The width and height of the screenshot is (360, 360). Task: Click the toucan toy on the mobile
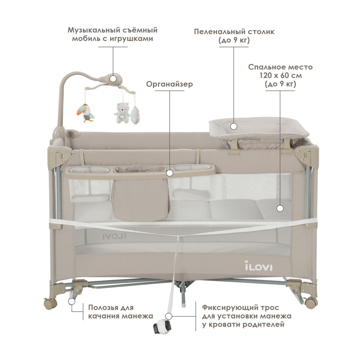tap(85, 112)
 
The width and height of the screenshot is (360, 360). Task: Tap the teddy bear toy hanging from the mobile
tap(122, 113)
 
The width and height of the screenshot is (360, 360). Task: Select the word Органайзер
tap(170, 84)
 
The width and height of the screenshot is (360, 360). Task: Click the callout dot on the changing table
tap(234, 126)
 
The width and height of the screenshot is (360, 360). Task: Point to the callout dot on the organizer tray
tap(170, 173)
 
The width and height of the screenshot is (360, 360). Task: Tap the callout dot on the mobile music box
tap(113, 79)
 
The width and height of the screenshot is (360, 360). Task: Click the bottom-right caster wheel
tap(311, 303)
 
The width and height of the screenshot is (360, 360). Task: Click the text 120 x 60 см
tap(280, 75)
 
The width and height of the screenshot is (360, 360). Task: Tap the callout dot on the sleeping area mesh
tap(280, 208)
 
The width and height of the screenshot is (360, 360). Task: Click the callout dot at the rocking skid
tap(72, 301)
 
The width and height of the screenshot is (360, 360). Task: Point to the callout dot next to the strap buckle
tap(169, 316)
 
